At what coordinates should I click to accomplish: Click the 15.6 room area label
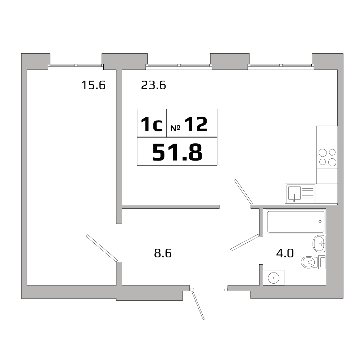click(93, 85)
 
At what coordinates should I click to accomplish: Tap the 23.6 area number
click(153, 85)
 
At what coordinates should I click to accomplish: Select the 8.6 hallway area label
click(163, 253)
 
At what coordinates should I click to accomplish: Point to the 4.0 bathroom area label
click(285, 253)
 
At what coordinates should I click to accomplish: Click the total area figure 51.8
click(177, 152)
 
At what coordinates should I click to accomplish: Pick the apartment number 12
click(196, 125)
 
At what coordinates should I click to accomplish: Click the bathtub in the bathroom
click(295, 221)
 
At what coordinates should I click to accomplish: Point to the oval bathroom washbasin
click(319, 244)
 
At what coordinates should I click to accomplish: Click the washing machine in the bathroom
click(274, 278)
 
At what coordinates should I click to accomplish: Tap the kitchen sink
click(300, 194)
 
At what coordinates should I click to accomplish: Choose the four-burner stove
click(327, 157)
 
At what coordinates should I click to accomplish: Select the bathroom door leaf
click(245, 242)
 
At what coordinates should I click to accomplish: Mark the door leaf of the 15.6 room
click(102, 248)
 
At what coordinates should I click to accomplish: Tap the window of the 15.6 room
click(76, 66)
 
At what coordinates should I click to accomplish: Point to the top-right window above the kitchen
click(280, 66)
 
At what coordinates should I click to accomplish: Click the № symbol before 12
click(175, 128)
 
